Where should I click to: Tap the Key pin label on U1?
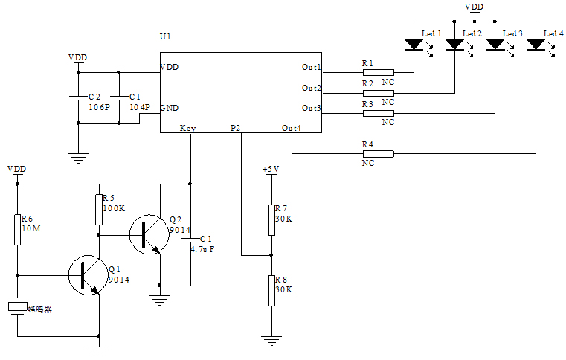click(187, 128)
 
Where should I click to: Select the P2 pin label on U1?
click(235, 128)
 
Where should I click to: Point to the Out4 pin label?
click(292, 128)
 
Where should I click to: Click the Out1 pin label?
click(311, 68)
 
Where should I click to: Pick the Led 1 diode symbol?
click(414, 45)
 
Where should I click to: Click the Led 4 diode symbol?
click(536, 45)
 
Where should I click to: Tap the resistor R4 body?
click(378, 154)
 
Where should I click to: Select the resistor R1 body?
click(378, 73)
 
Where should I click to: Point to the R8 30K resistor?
click(271, 290)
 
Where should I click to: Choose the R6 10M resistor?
click(16, 229)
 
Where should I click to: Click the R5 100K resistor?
click(98, 210)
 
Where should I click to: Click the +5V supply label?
click(271, 170)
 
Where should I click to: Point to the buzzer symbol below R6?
click(16, 307)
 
